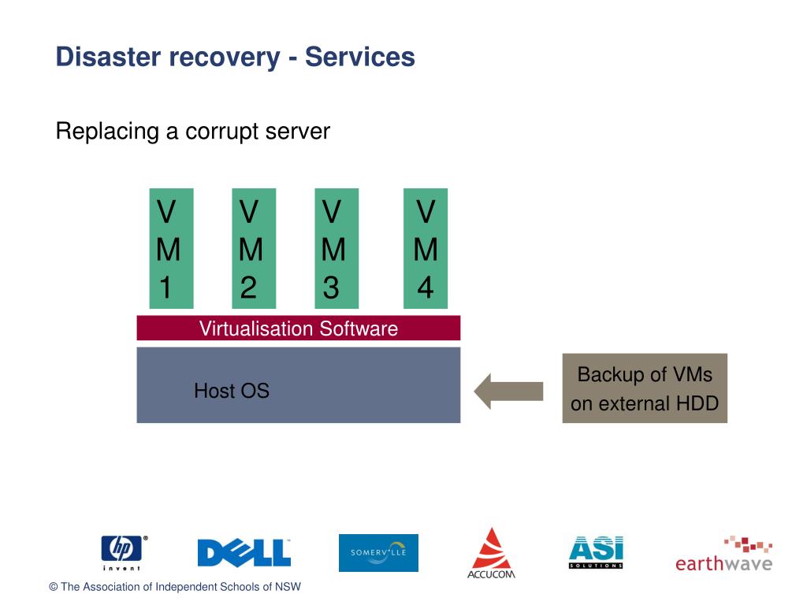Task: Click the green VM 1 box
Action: pos(171,248)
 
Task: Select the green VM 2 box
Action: pos(254,248)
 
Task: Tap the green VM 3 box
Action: pos(337,248)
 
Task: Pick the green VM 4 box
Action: pos(426,248)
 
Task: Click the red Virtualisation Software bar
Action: pos(299,328)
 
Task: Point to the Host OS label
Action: pos(232,391)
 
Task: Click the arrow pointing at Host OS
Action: pos(508,391)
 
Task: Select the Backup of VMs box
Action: pos(645,388)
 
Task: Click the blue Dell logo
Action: pos(244,553)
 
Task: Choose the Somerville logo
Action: pos(378,553)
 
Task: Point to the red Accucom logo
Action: pos(492,554)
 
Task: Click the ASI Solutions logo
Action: pos(596,552)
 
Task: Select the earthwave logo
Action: pos(724,555)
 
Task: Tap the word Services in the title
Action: pos(360,57)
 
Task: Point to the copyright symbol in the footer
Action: pos(53,587)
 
